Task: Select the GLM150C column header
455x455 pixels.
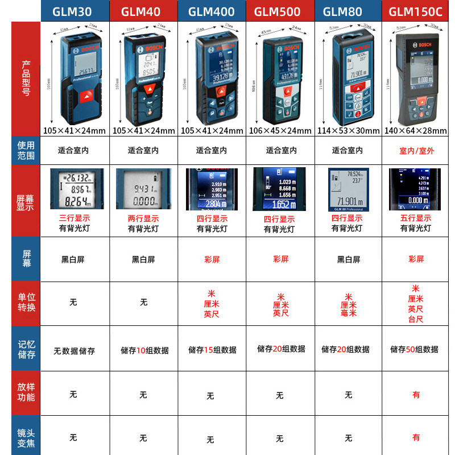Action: coord(416,11)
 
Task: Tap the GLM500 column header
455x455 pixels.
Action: coord(279,11)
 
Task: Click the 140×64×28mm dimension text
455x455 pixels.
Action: coord(416,130)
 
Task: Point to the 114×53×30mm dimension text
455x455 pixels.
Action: coord(348,130)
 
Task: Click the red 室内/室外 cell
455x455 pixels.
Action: coord(416,151)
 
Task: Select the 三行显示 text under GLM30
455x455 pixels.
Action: coord(75,218)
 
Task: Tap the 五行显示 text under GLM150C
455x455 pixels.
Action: coord(416,218)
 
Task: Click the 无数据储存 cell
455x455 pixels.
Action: coord(75,351)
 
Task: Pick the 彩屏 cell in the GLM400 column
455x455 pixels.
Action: coord(212,259)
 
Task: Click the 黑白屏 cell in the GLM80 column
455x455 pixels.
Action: coord(348,259)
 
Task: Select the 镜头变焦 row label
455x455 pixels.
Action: coord(26,436)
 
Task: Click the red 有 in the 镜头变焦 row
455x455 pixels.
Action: coord(416,437)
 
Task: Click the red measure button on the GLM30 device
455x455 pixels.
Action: coord(85,96)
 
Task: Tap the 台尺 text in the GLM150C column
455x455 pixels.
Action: coord(416,320)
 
